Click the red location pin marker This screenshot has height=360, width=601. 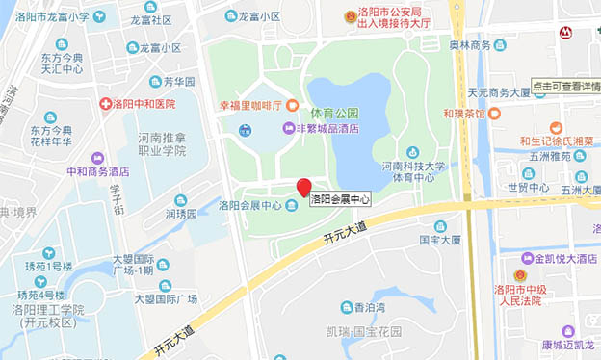pos(303,187)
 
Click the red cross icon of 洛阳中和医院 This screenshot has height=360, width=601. pos(105,103)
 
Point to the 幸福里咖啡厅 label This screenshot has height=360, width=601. pos(245,105)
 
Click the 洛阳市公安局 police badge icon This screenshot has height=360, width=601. pos(351,17)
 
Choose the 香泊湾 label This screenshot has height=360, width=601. pos(370,308)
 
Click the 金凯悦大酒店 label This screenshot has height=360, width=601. pos(560,258)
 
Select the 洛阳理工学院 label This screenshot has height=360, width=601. pos(48,310)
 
